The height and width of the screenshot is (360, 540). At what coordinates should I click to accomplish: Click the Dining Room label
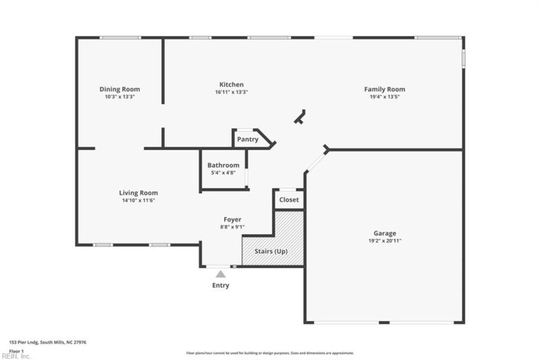(119, 89)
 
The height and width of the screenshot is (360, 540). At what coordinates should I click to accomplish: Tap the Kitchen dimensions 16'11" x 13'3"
(232, 93)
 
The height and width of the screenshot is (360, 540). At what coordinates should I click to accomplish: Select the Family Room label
(384, 89)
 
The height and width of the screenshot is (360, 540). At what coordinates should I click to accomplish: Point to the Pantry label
(248, 140)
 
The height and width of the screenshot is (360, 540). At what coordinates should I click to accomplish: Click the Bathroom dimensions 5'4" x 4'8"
(223, 173)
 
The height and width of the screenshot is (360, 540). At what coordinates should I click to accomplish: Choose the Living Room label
(138, 192)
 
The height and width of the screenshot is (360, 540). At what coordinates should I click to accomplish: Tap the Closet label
(289, 201)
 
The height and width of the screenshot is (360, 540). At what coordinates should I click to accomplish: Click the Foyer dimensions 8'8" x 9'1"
(233, 228)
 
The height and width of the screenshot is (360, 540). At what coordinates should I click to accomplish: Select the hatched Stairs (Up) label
(271, 251)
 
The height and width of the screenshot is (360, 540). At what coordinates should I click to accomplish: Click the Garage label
(385, 233)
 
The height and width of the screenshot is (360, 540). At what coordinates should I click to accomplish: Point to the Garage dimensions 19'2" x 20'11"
(385, 240)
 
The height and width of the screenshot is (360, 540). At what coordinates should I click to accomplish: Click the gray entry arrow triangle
(221, 274)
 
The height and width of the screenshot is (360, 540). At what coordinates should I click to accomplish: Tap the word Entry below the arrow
(221, 286)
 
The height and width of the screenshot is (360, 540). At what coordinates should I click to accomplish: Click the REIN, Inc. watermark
(16, 356)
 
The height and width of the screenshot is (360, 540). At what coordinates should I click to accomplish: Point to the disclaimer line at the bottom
(270, 353)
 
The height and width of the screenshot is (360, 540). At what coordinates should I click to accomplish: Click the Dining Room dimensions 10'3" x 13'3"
(119, 97)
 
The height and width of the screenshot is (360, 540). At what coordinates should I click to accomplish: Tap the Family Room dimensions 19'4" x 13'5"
(384, 97)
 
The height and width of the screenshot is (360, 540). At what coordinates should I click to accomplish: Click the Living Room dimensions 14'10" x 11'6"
(138, 201)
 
